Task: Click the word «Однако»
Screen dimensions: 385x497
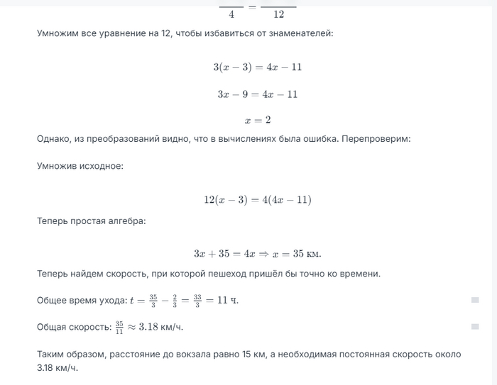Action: [x=54, y=138]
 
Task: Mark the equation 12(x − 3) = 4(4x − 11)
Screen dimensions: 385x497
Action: [x=257, y=200]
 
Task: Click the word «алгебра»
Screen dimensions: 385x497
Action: [x=125, y=221]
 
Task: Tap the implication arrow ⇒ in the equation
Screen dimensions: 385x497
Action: [x=271, y=254]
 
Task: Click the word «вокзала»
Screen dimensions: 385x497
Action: [x=197, y=353]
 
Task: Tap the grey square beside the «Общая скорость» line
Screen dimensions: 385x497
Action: [x=475, y=326]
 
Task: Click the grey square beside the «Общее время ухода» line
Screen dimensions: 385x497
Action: [x=475, y=300]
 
